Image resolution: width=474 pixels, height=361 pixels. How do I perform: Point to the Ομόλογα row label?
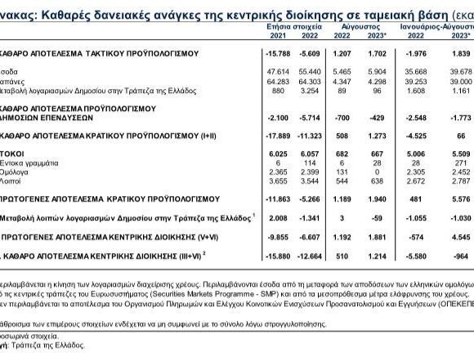tap(18, 171)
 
